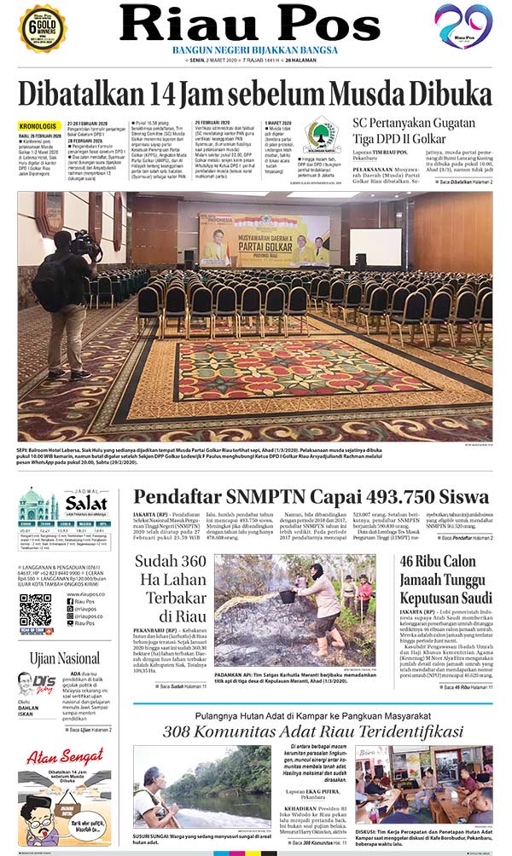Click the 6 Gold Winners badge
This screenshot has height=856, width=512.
[x=43, y=27]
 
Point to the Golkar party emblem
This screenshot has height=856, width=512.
[x=322, y=136]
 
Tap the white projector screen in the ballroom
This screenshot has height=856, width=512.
[x=375, y=246]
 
